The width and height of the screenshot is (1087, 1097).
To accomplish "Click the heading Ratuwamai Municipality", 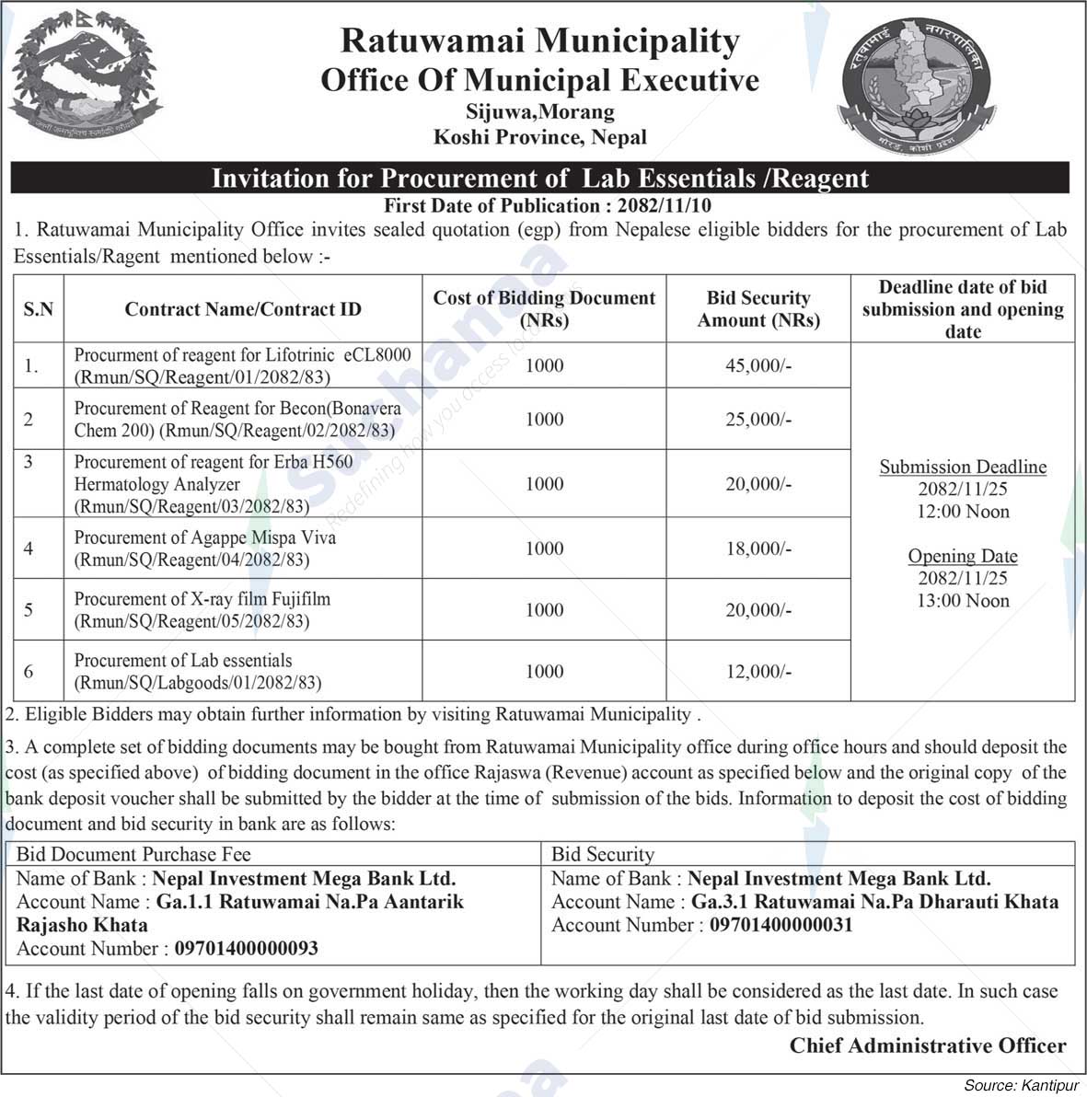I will tap(540, 40).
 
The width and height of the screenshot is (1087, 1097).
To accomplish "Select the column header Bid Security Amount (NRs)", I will tap(758, 309).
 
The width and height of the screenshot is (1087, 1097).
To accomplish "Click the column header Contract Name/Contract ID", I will tap(243, 309).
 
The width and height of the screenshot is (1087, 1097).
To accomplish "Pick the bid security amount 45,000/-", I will tap(758, 365).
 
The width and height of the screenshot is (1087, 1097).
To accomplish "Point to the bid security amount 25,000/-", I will tap(758, 419).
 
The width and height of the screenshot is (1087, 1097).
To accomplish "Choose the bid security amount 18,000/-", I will tap(758, 548).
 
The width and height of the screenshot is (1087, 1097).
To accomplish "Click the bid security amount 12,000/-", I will tap(758, 672).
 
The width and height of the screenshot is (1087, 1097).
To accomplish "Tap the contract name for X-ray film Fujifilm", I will tap(202, 609).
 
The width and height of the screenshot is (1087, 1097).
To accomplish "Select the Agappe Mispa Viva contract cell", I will tap(204, 548).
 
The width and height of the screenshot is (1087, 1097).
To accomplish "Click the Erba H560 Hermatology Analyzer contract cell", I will tap(213, 484).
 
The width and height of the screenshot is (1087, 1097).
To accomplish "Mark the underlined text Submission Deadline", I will tap(963, 468).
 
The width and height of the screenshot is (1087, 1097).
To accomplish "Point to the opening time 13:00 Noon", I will tap(963, 601).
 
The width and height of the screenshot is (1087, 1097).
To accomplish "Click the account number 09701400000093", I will tap(247, 949).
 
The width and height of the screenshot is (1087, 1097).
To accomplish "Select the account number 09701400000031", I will tap(781, 925).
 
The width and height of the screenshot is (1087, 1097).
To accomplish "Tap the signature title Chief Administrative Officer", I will tap(928, 1045).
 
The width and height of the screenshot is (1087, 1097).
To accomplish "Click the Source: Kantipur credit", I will tap(1021, 1086).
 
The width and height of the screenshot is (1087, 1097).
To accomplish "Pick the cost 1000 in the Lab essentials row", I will tap(544, 672).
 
